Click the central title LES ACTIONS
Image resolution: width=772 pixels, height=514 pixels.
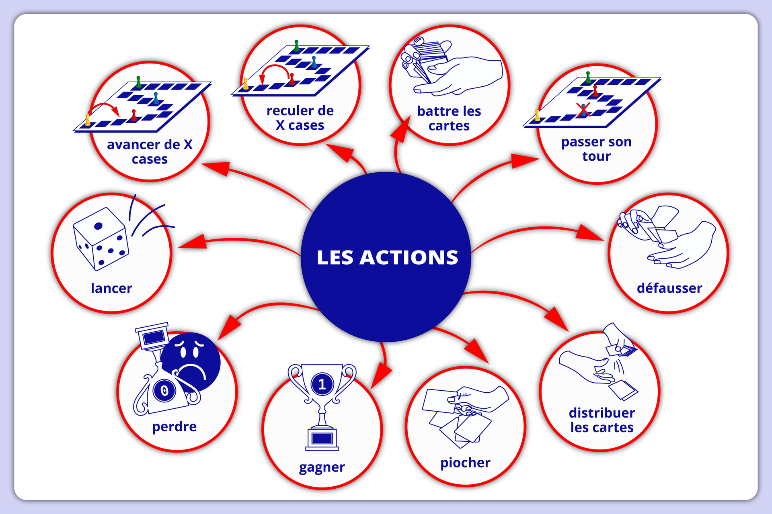click(387, 257)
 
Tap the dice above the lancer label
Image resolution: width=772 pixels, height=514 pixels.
click(101, 239)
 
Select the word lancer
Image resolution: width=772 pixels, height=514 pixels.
click(111, 288)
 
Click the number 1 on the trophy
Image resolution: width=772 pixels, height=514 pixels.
click(322, 384)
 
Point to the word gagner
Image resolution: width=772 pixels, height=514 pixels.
click(322, 467)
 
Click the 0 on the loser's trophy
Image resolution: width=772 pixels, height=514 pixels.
click(164, 390)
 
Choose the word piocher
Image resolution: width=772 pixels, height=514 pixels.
click(465, 463)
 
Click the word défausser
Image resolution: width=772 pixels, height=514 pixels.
click(669, 288)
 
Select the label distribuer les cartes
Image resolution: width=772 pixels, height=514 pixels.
click(602, 420)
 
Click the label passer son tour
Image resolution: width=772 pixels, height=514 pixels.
click(596, 149)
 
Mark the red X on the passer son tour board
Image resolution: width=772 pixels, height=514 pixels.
click(583, 110)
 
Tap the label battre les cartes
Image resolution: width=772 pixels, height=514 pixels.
click(449, 118)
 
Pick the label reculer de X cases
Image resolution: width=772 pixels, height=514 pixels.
click(300, 118)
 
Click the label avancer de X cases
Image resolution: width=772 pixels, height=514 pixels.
click(150, 152)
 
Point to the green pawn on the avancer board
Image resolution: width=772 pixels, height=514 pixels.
click(139, 82)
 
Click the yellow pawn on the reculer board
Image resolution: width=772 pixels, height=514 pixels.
click(246, 84)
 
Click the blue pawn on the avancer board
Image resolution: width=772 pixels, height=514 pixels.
click(156, 98)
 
